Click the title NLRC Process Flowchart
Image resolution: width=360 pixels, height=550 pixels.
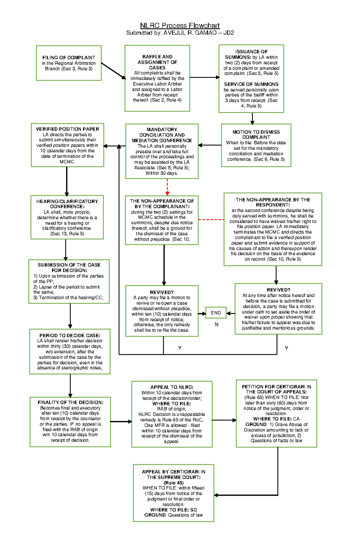[x=180, y=26]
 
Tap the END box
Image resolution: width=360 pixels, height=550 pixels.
[x=216, y=313]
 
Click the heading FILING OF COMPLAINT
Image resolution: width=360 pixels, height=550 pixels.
[x=69, y=58]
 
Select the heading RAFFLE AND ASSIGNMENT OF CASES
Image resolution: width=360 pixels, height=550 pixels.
[x=157, y=62]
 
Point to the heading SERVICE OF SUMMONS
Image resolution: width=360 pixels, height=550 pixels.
[x=251, y=84]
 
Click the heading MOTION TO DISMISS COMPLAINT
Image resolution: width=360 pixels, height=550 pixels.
[x=256, y=135]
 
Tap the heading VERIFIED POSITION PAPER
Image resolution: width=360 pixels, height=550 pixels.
[x=67, y=129]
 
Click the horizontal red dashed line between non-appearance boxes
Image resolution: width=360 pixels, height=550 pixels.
[x=211, y=220]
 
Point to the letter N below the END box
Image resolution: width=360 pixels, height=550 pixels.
[x=217, y=325]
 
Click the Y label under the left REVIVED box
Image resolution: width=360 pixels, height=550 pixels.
[x=180, y=348]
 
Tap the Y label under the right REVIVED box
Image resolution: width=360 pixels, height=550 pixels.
[x=286, y=348]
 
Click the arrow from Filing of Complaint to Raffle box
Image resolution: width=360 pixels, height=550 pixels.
[x=113, y=71]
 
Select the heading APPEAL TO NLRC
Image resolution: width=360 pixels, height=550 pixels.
[x=172, y=387]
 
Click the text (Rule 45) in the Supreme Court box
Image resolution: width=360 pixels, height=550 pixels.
[x=173, y=483]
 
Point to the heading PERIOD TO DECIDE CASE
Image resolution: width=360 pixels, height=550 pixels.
[x=70, y=336]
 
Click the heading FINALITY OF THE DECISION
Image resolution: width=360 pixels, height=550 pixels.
[x=70, y=403]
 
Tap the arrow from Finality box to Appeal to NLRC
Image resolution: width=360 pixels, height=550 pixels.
[x=121, y=421]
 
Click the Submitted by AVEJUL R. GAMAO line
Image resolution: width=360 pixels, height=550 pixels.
[x=180, y=33]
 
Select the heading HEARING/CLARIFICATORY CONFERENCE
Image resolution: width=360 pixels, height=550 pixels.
[x=67, y=204]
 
